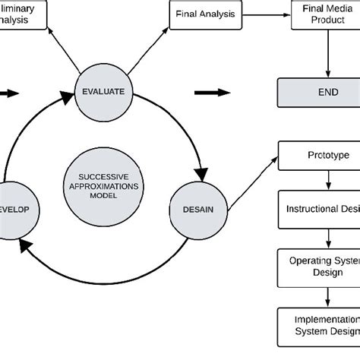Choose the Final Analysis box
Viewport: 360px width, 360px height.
[x=205, y=14]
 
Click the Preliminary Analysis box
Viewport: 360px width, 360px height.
[x=23, y=14]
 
